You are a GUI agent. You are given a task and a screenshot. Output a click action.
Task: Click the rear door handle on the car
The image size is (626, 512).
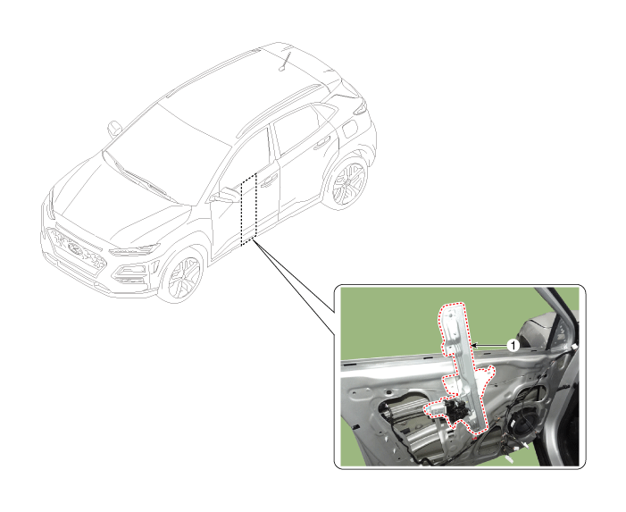pos(322,143)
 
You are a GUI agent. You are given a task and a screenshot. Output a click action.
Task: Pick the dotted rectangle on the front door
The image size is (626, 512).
pos(248,209)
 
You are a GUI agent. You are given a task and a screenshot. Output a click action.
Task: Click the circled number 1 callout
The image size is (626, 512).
pos(513,345)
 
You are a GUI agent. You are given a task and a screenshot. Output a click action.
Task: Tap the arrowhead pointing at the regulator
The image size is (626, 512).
pos(474,345)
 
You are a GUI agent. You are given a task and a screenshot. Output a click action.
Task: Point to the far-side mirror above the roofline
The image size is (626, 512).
pos(114,129)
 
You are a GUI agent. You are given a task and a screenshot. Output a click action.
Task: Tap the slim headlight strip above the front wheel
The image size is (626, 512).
pos(134,250)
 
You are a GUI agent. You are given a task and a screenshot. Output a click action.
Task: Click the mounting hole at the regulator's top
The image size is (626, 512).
pos(451,315)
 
